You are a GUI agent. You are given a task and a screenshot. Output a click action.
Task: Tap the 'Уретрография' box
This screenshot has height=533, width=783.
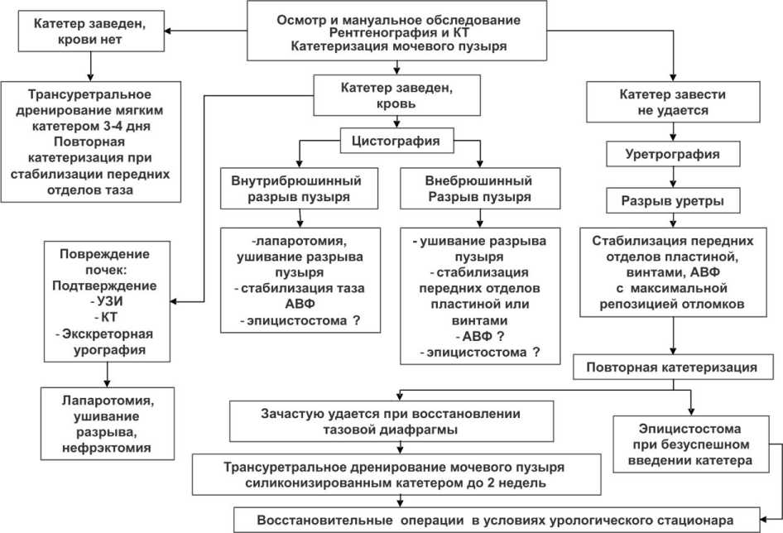point(670,154)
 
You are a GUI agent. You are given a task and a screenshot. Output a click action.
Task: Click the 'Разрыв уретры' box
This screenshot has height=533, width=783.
point(670,200)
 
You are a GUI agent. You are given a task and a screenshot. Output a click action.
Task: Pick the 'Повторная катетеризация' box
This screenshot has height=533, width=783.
point(675,365)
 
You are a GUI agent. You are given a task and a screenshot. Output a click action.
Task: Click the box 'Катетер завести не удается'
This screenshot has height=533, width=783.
point(672,102)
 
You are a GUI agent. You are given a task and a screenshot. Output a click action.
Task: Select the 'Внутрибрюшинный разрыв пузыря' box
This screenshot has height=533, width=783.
point(302,189)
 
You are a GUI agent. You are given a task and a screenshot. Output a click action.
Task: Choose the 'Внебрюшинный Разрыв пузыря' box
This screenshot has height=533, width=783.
point(479,189)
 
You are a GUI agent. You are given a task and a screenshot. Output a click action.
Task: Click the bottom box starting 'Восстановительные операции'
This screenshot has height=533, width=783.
point(494,520)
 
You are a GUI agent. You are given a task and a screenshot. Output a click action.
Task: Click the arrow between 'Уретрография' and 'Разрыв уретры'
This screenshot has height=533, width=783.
point(670,177)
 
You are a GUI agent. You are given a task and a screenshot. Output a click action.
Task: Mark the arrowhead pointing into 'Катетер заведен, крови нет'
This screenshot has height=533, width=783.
point(171,32)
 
